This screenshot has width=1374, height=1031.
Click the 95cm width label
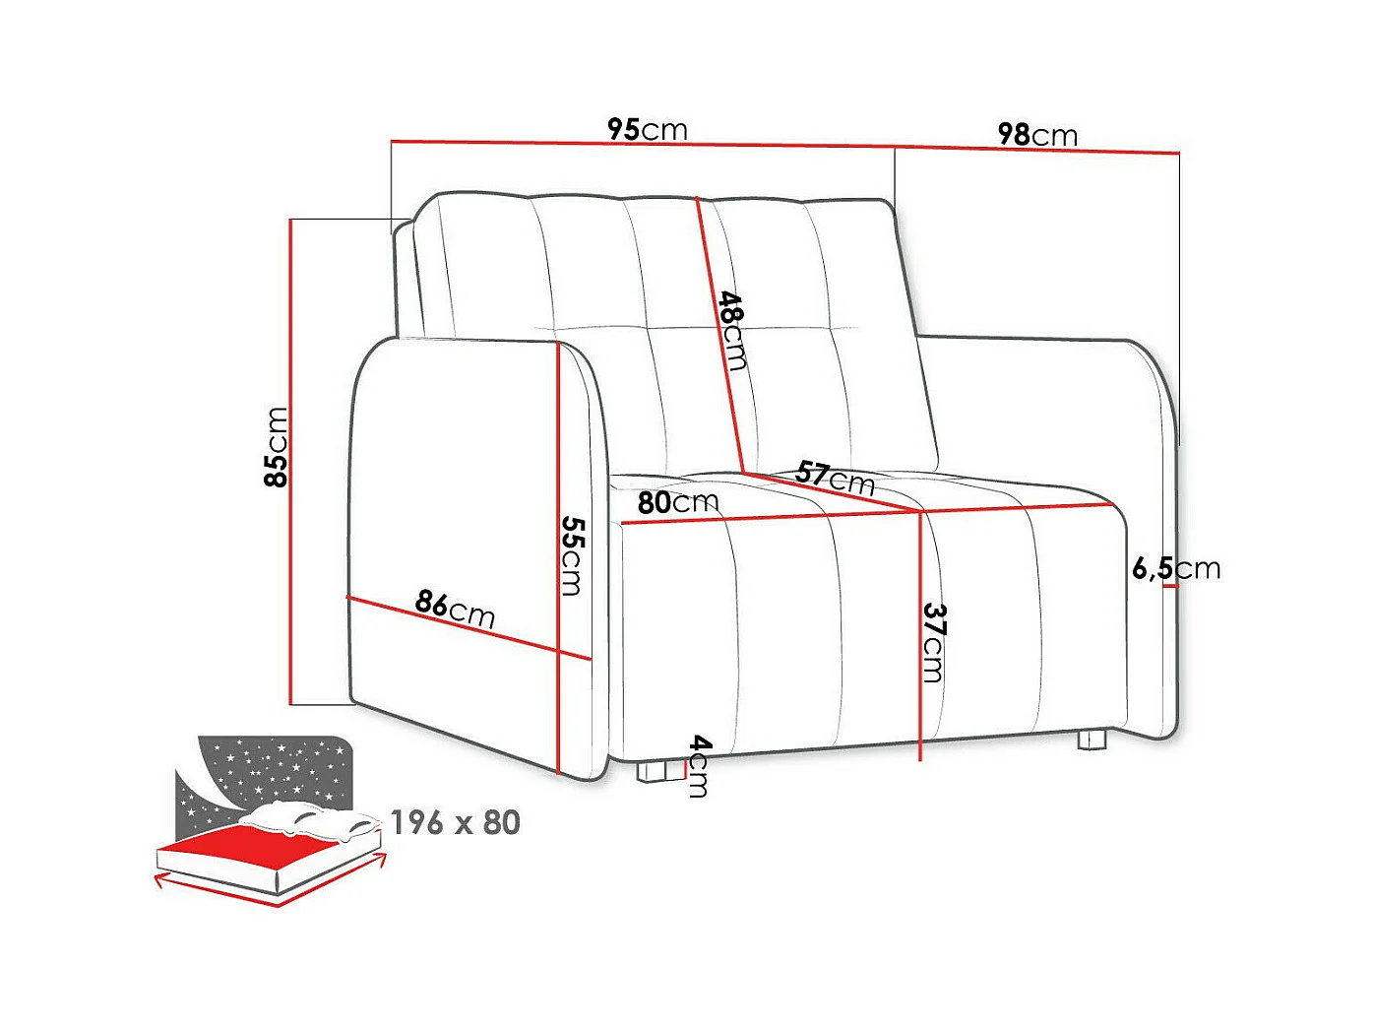tap(647, 129)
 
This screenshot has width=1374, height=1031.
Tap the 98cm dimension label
tap(1037, 134)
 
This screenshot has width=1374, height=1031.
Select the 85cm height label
tap(277, 447)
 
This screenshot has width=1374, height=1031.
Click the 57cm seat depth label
tap(835, 478)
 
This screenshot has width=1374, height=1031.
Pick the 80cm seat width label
tap(678, 502)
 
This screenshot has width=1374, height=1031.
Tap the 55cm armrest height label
tap(572, 556)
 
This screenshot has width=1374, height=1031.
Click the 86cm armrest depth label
tap(455, 609)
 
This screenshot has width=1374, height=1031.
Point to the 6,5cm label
tap(1176, 568)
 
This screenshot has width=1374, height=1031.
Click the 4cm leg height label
tap(699, 766)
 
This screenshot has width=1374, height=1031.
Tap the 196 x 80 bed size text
tap(455, 822)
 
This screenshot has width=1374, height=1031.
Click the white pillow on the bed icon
tap(305, 819)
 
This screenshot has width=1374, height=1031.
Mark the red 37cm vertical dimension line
tap(920, 689)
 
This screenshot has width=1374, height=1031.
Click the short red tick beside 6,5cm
tap(1170, 586)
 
